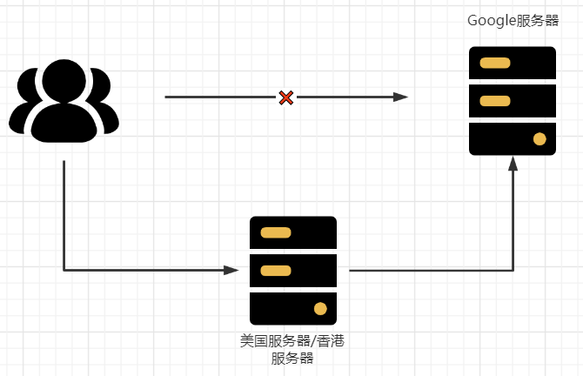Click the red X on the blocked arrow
(285, 97)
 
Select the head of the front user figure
(64, 83)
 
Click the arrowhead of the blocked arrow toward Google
(401, 97)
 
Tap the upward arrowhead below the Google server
(513, 164)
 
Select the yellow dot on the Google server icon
(539, 138)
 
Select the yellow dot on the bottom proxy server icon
(320, 308)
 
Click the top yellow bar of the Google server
(495, 63)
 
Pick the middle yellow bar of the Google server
(495, 101)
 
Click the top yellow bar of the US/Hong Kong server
(276, 232)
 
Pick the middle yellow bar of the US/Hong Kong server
(276, 271)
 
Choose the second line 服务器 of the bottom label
(292, 358)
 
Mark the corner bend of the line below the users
(64, 271)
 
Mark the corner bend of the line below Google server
(513, 271)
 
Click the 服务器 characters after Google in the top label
(537, 21)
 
